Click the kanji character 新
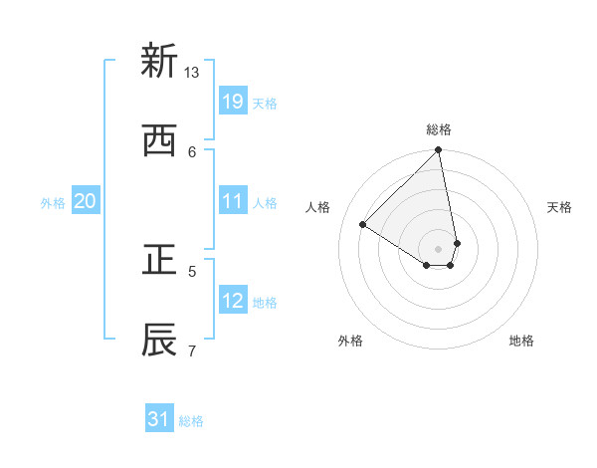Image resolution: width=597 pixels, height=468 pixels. [x=159, y=61]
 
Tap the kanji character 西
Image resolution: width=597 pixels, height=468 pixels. [x=159, y=141]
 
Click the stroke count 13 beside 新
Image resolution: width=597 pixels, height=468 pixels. [x=192, y=72]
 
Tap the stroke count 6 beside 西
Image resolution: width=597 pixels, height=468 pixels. [x=192, y=151]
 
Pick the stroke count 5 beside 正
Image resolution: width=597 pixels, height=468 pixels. [x=192, y=270]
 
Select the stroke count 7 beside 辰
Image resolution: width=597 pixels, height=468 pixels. [x=192, y=350]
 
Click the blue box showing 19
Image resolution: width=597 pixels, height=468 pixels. [x=233, y=102]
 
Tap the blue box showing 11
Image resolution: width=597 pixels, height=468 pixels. [x=233, y=201]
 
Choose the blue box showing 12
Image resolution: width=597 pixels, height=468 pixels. [x=233, y=301]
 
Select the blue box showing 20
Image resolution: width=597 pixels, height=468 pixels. [x=86, y=201]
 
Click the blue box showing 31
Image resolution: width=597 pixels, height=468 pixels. [x=159, y=420]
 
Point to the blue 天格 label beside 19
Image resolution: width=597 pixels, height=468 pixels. [x=265, y=104]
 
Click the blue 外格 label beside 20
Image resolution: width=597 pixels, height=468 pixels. [x=53, y=203]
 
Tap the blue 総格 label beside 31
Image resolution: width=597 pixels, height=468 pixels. [x=191, y=422]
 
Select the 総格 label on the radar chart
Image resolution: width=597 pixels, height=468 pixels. [x=439, y=129]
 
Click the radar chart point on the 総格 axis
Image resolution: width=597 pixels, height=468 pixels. [x=439, y=151]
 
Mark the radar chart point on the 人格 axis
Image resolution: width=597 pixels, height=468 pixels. [x=363, y=225]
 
